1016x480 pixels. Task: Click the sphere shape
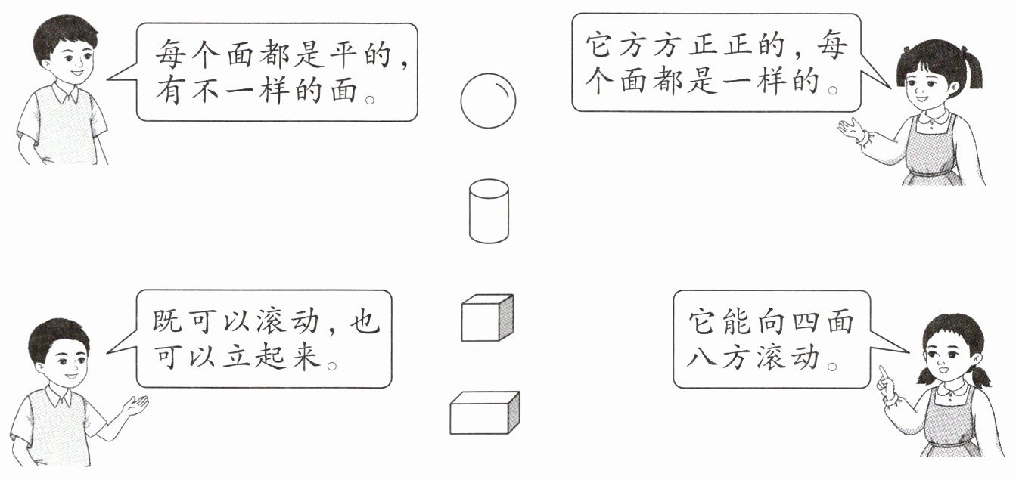pyautogui.click(x=488, y=99)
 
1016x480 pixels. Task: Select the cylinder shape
pyautogui.click(x=489, y=212)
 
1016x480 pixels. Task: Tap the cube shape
pyautogui.click(x=486, y=318)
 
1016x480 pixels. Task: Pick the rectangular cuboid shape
pyautogui.click(x=484, y=413)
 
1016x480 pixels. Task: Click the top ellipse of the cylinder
pyautogui.click(x=489, y=188)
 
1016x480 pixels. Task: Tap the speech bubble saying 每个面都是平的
pyautogui.click(x=276, y=72)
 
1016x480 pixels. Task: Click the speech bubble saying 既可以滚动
pyautogui.click(x=264, y=339)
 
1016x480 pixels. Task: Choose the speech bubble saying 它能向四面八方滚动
pyautogui.click(x=772, y=339)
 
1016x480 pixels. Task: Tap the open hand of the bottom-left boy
pyautogui.click(x=136, y=404)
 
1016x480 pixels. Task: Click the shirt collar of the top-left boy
pyautogui.click(x=65, y=94)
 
